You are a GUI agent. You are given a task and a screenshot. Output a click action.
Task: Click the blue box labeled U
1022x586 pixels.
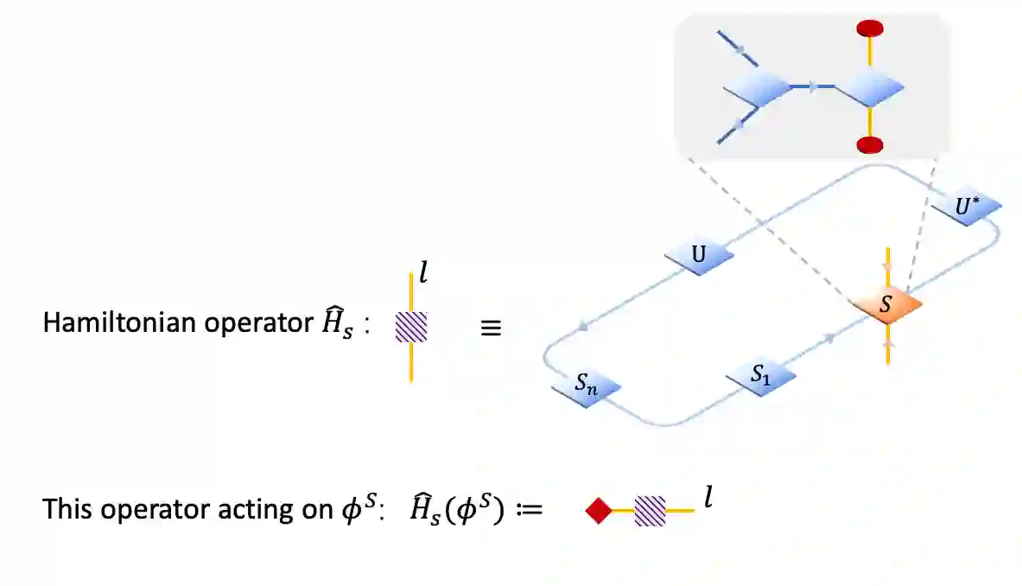click(x=699, y=256)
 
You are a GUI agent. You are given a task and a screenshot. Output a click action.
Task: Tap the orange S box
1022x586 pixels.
click(x=886, y=305)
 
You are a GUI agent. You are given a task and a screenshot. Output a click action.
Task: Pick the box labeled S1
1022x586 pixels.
click(x=760, y=376)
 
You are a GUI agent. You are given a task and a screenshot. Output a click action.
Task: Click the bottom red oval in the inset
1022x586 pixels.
click(x=870, y=144)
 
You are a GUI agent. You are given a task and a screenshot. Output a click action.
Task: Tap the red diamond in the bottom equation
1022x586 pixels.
click(x=598, y=511)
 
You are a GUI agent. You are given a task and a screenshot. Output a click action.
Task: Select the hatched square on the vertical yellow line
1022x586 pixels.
click(x=411, y=327)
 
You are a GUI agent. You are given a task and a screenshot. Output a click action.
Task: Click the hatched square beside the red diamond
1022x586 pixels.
click(x=651, y=511)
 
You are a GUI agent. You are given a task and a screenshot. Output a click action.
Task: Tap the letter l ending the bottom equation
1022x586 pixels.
click(x=708, y=500)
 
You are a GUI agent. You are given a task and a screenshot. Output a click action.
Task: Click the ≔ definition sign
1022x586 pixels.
click(x=525, y=510)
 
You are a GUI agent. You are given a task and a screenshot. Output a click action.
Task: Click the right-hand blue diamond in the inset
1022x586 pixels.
click(x=869, y=87)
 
